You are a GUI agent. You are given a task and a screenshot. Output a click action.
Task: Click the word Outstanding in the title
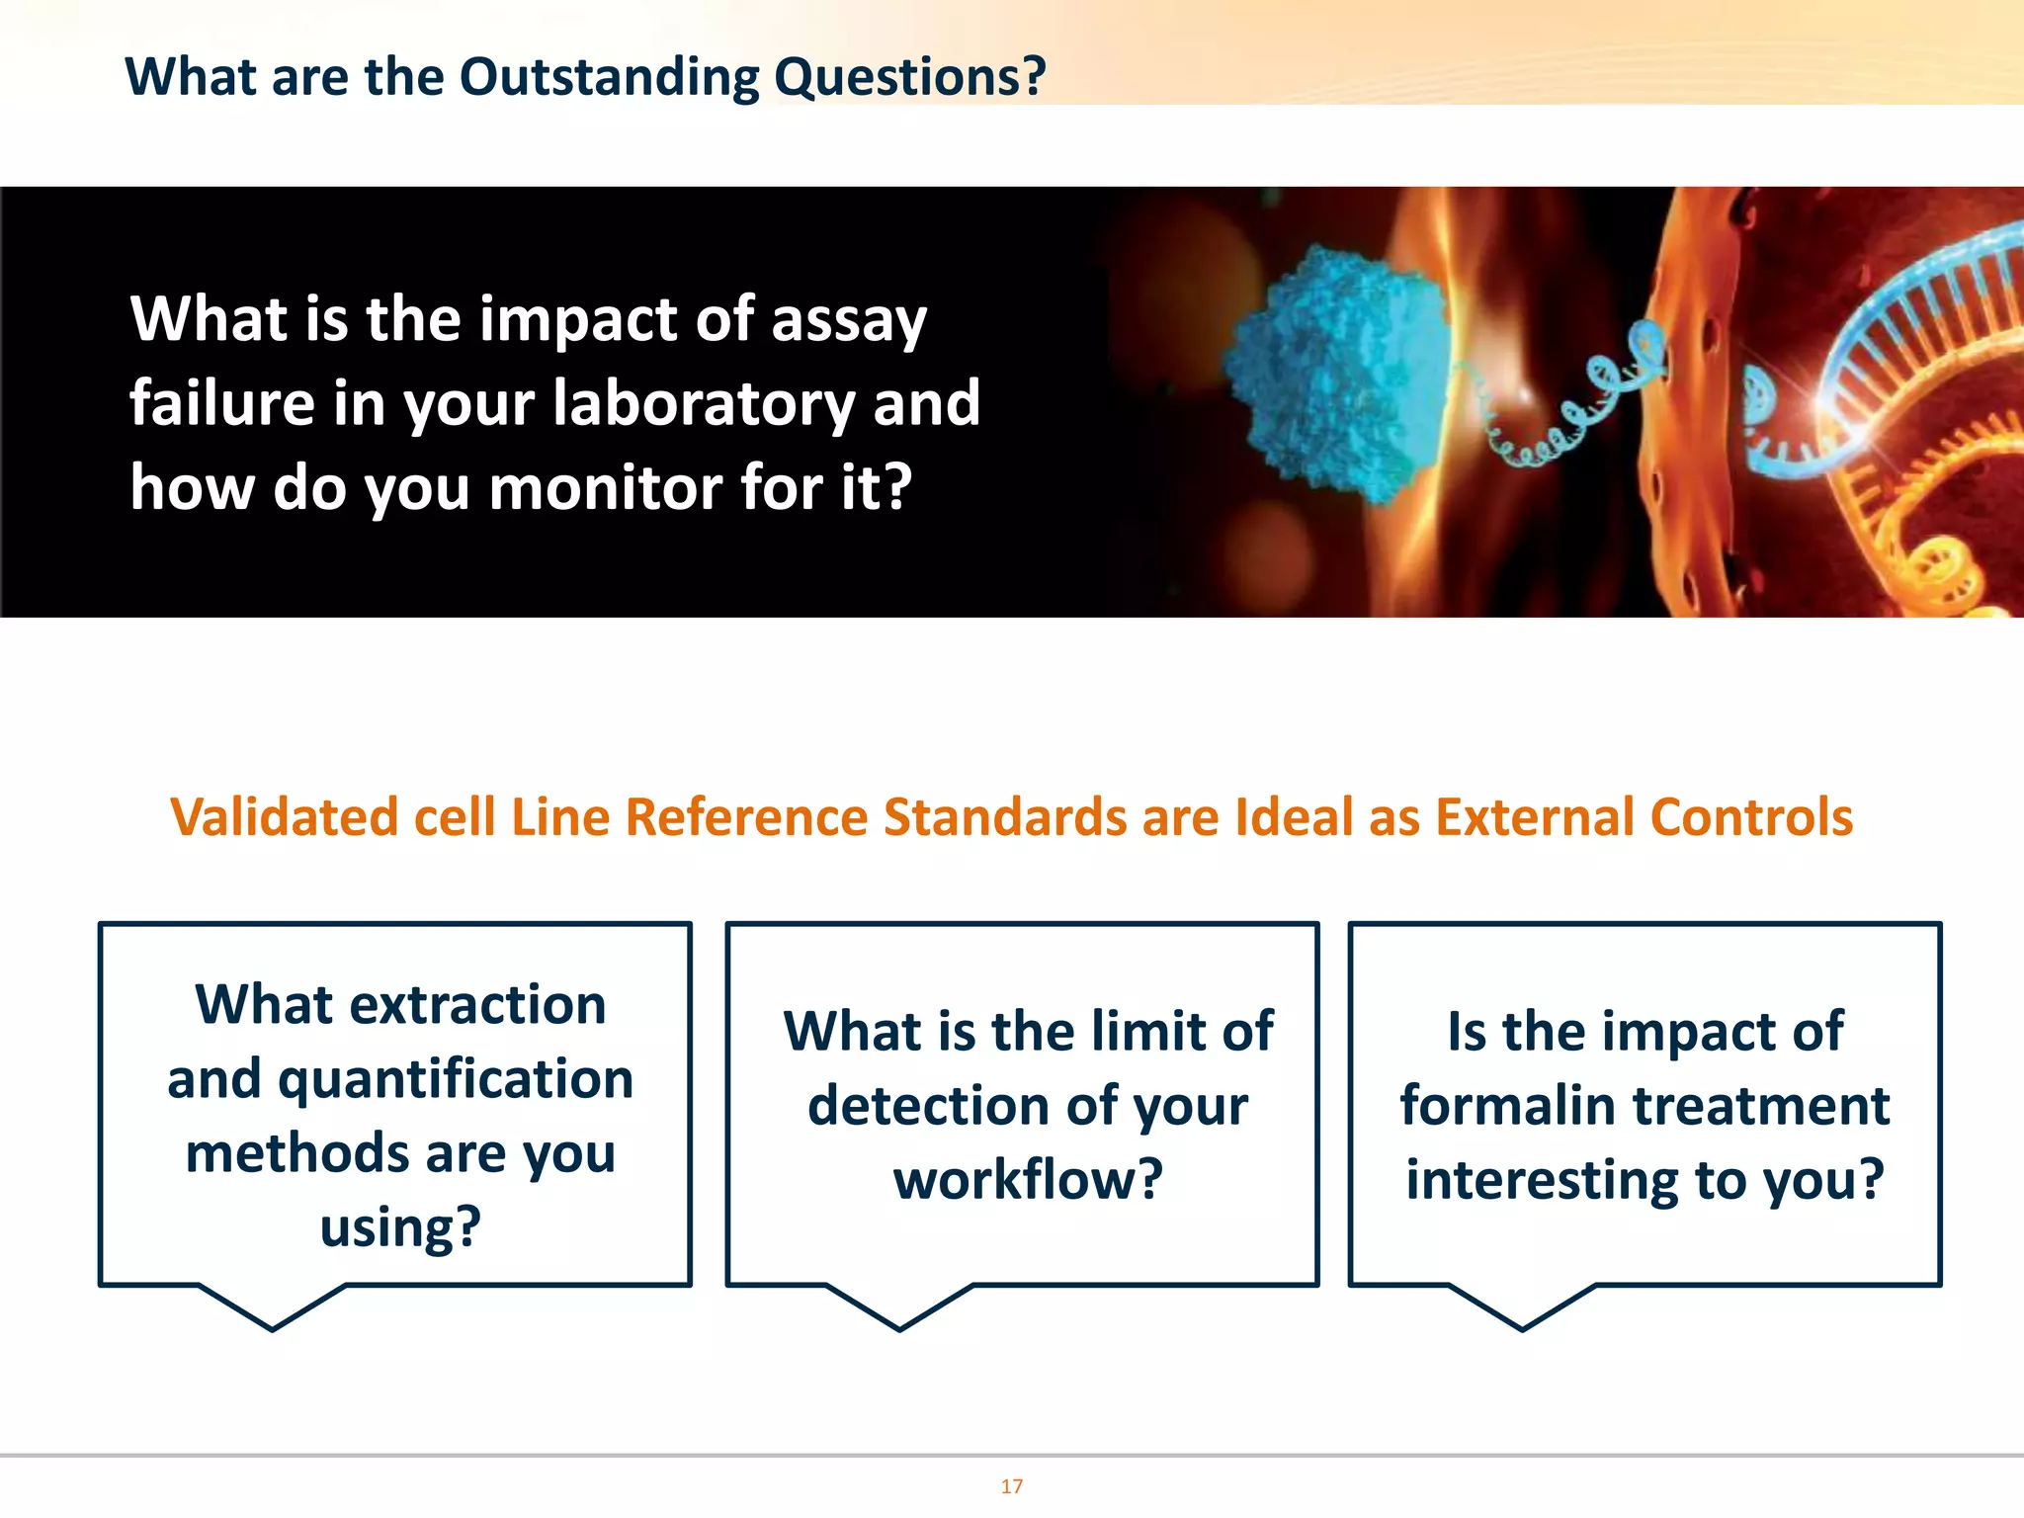click(609, 77)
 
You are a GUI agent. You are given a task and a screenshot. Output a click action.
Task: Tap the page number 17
click(1011, 1486)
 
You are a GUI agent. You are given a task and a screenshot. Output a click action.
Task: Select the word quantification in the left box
click(456, 1079)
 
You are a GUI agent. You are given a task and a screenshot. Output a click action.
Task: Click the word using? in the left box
click(400, 1227)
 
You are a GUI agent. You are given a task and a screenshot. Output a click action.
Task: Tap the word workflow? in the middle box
click(1028, 1180)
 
